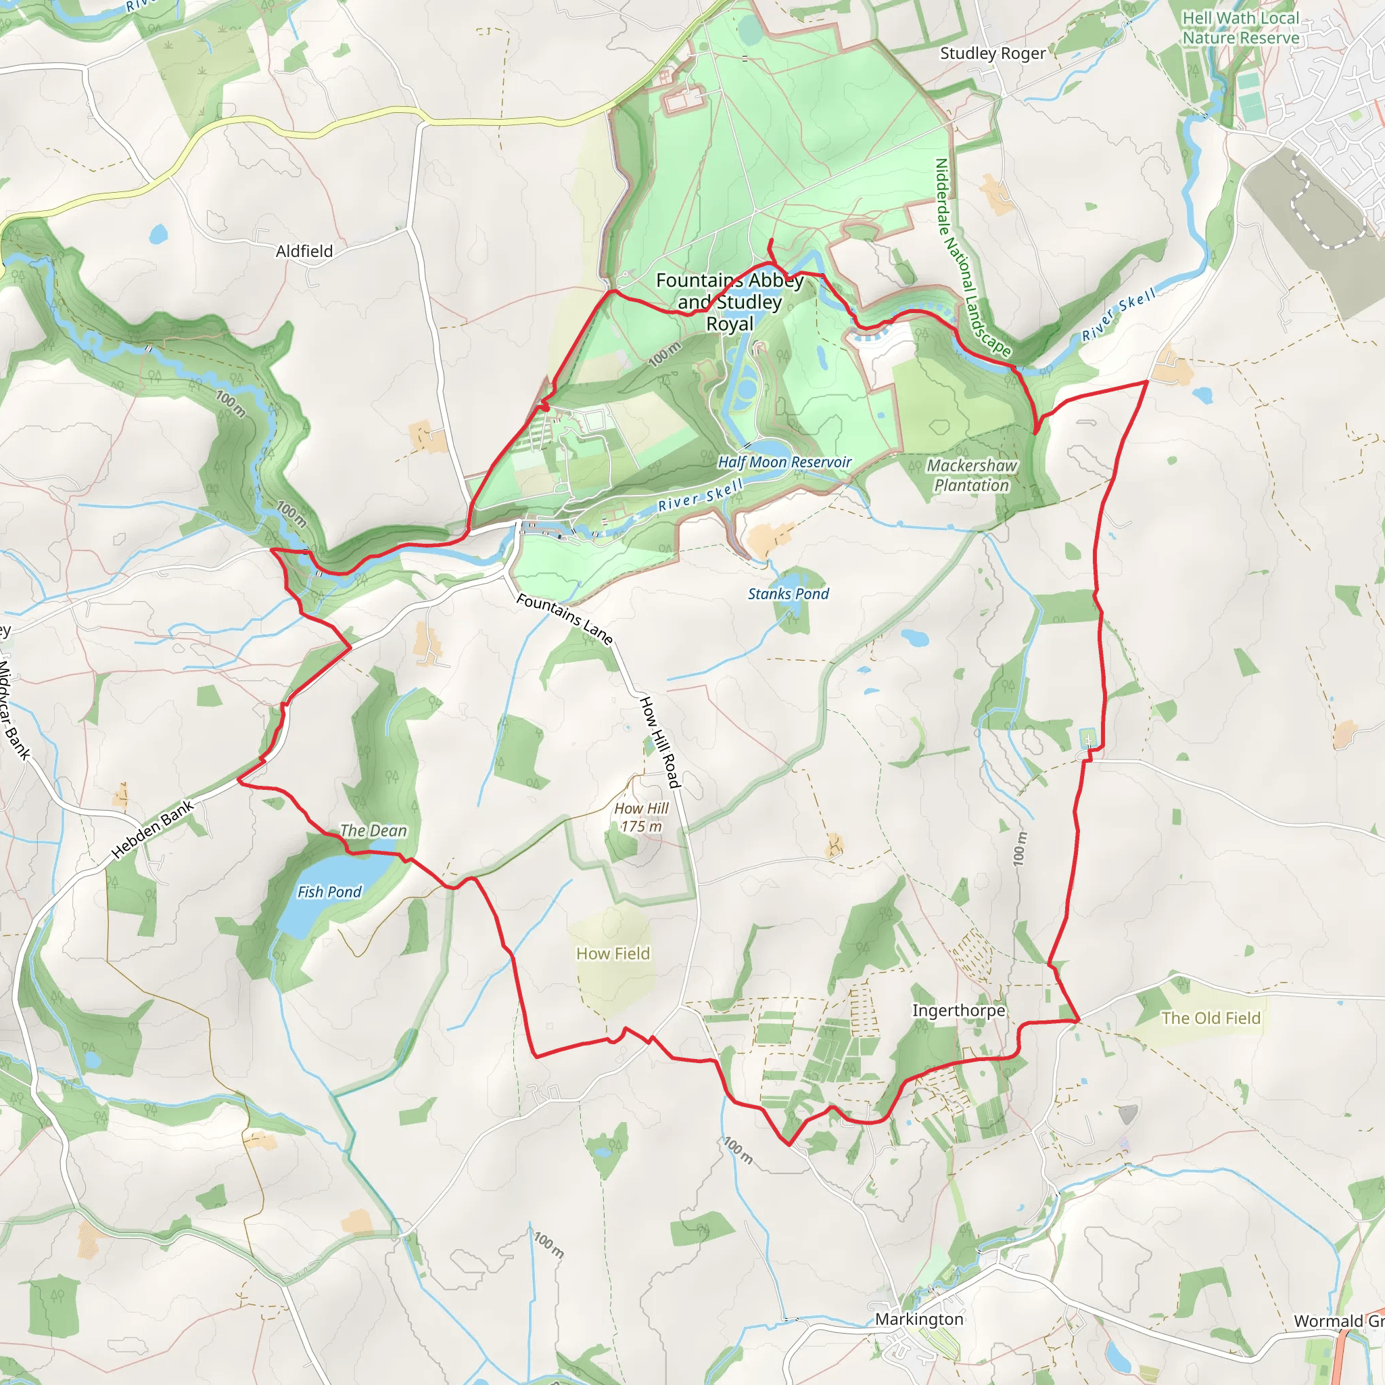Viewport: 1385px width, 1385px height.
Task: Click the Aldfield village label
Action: [x=304, y=251]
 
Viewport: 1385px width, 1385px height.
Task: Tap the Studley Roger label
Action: [x=992, y=53]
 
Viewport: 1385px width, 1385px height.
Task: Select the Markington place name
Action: [x=919, y=1319]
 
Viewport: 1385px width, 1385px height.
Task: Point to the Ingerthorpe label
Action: [x=958, y=1010]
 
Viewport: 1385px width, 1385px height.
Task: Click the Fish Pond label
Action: [x=329, y=892]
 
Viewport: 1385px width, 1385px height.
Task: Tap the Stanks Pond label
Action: [x=788, y=594]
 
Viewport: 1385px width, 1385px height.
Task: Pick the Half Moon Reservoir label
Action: [x=784, y=463]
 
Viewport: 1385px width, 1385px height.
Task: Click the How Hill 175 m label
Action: [x=641, y=817]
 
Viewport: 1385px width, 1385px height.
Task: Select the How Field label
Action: [x=613, y=954]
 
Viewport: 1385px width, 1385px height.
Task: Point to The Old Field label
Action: [x=1211, y=1018]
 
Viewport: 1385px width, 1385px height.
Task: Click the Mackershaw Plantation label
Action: [x=971, y=475]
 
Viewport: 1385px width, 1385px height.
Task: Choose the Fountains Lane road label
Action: [x=565, y=619]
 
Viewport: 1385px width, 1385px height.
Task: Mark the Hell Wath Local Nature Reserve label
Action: [x=1240, y=28]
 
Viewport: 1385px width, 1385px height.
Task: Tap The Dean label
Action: [x=373, y=831]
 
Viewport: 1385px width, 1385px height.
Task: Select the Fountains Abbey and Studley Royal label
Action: [x=730, y=302]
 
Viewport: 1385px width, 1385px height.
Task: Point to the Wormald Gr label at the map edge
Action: [x=1338, y=1321]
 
